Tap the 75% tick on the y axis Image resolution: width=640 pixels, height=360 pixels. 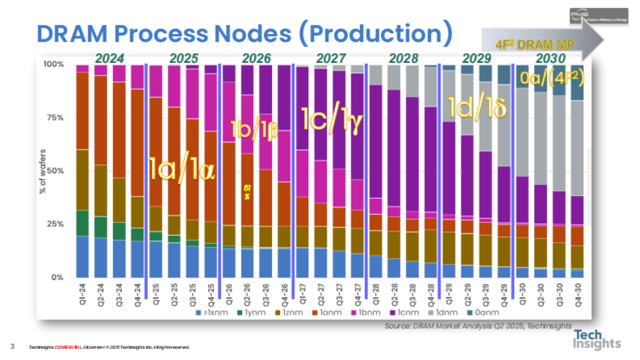[x=54, y=118]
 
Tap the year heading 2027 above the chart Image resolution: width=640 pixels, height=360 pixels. [x=331, y=58]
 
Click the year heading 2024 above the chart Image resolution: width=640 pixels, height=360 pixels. [x=110, y=58]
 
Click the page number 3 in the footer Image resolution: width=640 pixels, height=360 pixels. [x=12, y=347]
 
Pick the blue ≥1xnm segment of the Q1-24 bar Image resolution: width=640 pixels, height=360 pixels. [x=83, y=257]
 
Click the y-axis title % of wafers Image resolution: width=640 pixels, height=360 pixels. [x=42, y=171]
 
